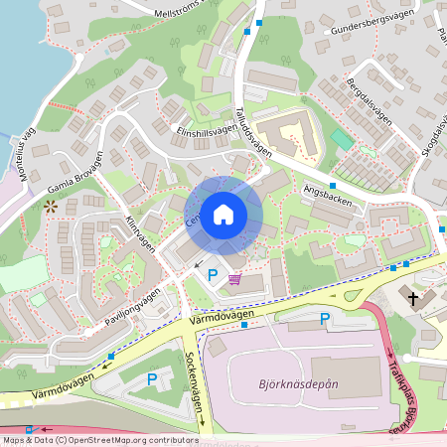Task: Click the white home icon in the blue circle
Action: (x=223, y=215)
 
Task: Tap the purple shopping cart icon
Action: (x=234, y=279)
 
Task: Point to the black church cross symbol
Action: (x=413, y=297)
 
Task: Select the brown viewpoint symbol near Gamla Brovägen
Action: (x=50, y=207)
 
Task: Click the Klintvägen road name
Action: (x=140, y=232)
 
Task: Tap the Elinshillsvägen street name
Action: (x=208, y=129)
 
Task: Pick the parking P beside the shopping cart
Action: (x=212, y=274)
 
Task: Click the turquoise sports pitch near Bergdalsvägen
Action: (x=343, y=140)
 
